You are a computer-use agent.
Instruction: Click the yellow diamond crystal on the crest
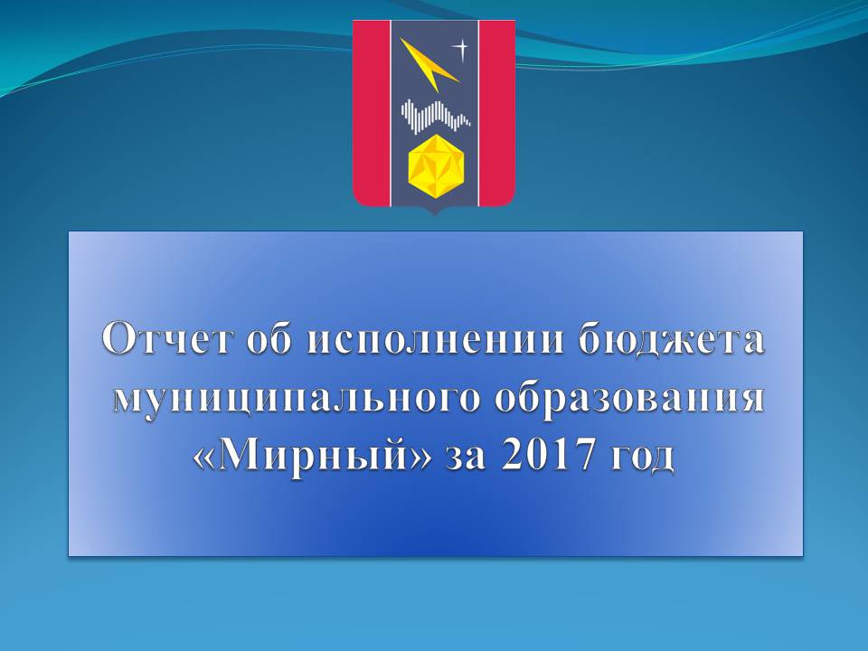(435, 166)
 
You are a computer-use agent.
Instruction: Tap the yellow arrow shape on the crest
(429, 65)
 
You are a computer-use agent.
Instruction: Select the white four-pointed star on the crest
(460, 49)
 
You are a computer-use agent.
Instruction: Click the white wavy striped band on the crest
(436, 115)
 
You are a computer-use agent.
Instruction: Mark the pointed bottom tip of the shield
(435, 215)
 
